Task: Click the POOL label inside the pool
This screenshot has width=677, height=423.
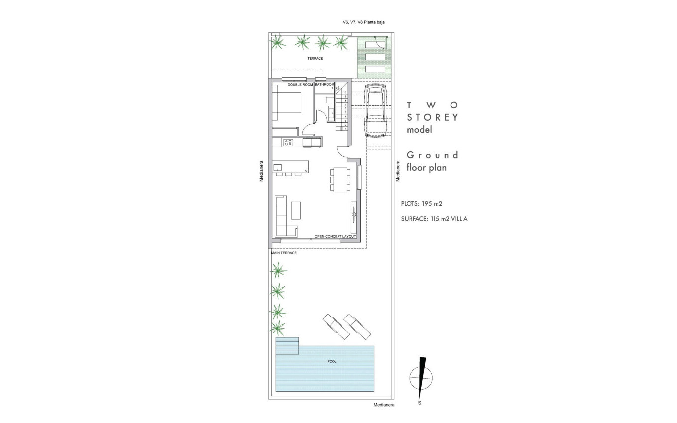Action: pyautogui.click(x=332, y=361)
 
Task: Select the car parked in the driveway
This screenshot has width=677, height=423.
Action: pyautogui.click(x=374, y=110)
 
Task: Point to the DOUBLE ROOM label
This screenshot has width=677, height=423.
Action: pyautogui.click(x=300, y=85)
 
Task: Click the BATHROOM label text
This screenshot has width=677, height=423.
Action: pyautogui.click(x=324, y=85)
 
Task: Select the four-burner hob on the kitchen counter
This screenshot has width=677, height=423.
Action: pyautogui.click(x=288, y=143)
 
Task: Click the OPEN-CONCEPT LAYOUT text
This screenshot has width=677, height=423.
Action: pyautogui.click(x=336, y=237)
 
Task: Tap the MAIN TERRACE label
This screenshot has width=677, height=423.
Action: pyautogui.click(x=284, y=253)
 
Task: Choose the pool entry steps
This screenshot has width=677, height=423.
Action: pyautogui.click(x=287, y=346)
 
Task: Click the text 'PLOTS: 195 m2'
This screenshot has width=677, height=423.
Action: pyautogui.click(x=422, y=204)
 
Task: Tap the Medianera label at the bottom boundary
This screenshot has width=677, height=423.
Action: pyautogui.click(x=384, y=405)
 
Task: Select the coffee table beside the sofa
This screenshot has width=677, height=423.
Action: pyautogui.click(x=296, y=210)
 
